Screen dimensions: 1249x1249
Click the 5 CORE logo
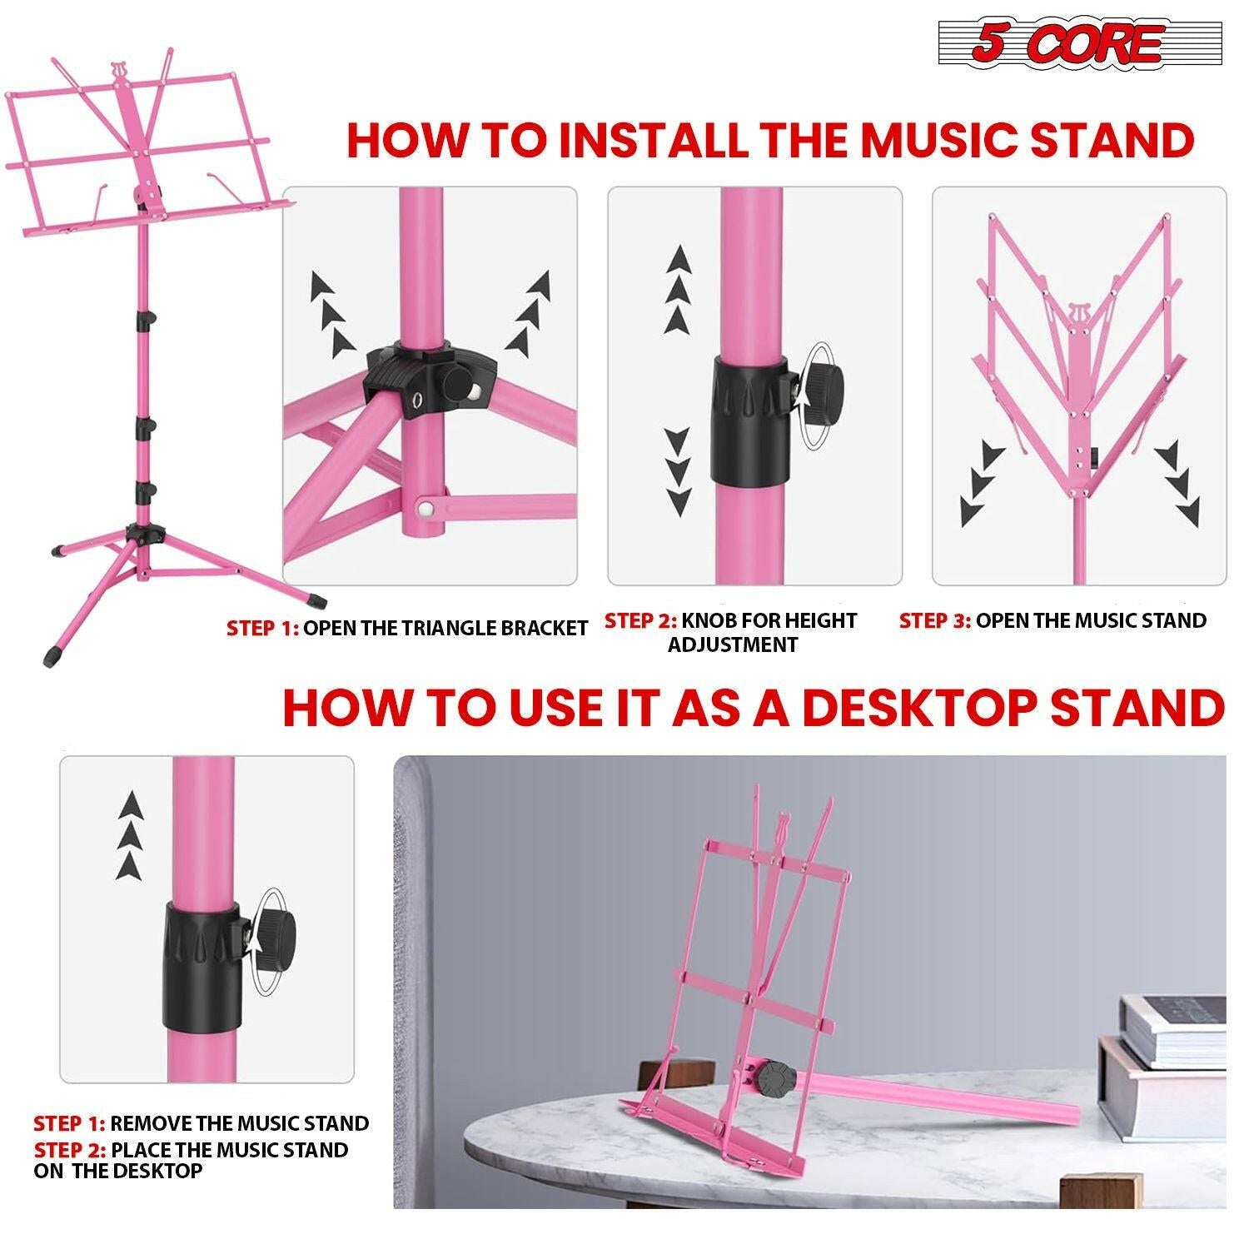tap(1080, 43)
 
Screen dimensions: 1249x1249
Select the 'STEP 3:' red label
tap(934, 620)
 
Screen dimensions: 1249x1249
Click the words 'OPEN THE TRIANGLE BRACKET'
tap(445, 628)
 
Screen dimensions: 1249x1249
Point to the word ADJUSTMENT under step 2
tap(733, 644)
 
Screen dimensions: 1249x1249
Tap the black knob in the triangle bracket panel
tap(459, 384)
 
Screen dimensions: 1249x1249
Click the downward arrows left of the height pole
tap(679, 470)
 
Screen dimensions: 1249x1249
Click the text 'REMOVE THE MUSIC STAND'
tap(239, 1123)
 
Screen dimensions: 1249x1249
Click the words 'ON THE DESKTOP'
tap(118, 1170)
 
